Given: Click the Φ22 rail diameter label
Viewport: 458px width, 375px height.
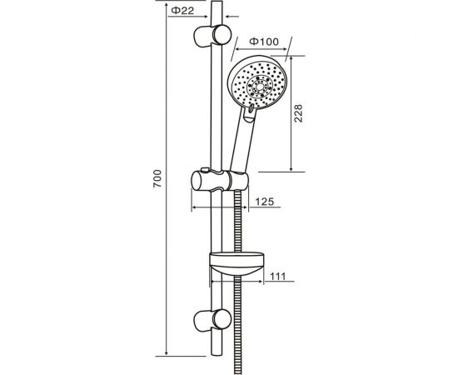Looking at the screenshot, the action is (182, 11).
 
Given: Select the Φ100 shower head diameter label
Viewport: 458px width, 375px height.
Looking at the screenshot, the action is (264, 42).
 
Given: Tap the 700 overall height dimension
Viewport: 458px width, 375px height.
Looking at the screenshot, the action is (157, 178).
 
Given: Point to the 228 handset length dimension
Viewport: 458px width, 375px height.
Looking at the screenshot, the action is (298, 113).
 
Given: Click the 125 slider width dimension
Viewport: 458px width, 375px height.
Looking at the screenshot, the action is (265, 202).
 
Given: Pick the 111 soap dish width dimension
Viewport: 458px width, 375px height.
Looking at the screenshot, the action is (278, 276).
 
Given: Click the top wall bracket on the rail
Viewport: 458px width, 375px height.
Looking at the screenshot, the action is (212, 36).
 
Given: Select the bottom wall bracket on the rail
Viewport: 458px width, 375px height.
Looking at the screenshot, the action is (212, 320).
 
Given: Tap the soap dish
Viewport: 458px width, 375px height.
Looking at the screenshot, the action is (236, 264).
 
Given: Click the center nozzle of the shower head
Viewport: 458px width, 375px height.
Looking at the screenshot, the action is (259, 87).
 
